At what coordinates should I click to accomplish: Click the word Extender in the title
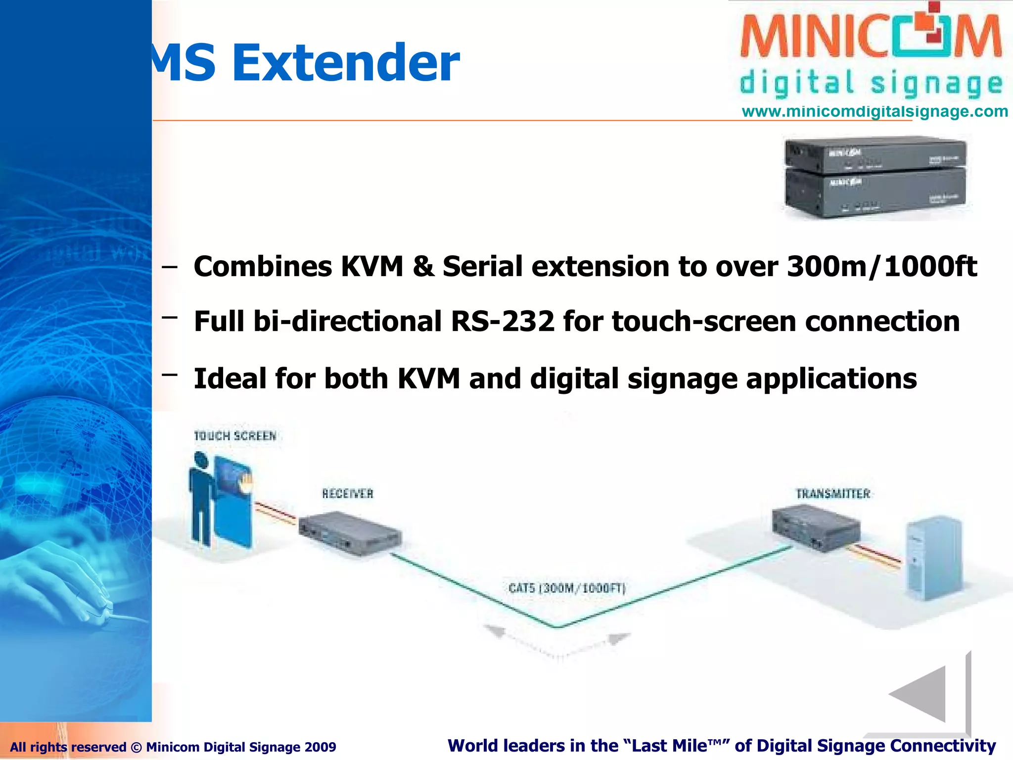point(346,63)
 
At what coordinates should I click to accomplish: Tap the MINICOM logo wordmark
point(870,36)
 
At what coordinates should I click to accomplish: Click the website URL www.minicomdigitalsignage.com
point(875,111)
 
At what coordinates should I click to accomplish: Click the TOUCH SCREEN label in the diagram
point(235,436)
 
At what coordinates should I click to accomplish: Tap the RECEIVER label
point(348,493)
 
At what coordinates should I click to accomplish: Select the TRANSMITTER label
point(833,493)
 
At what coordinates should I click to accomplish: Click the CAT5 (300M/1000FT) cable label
point(567,588)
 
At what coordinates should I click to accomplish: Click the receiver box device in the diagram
point(350,534)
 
